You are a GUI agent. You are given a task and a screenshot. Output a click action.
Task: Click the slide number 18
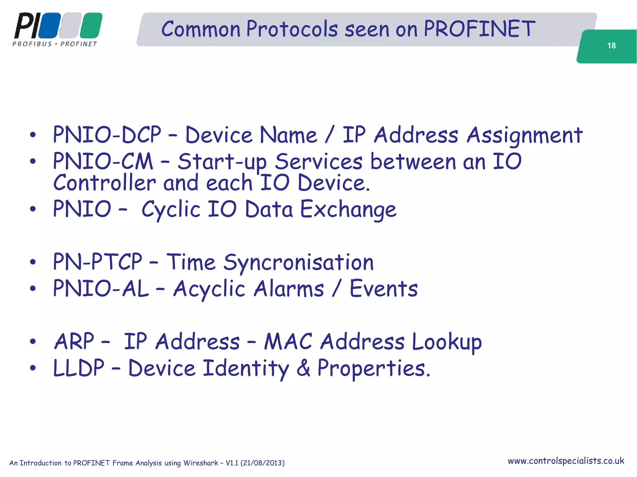coord(611,46)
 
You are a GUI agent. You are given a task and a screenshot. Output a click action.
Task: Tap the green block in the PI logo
coord(91,25)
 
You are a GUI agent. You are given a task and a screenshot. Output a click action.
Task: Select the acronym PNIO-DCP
coord(107,135)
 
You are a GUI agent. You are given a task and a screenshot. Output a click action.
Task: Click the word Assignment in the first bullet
coord(524,135)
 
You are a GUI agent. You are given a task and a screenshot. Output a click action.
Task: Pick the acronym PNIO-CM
coord(103,161)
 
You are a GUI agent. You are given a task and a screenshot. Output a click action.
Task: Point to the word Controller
coord(105,183)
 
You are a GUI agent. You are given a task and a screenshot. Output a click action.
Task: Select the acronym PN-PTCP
coord(98,262)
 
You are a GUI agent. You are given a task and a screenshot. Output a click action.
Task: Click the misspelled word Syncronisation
coord(299,263)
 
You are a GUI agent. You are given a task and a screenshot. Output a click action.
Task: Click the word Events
coord(384,288)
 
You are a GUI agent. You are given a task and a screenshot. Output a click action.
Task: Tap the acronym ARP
coord(74,342)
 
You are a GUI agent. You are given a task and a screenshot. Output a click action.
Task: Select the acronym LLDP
coord(79,368)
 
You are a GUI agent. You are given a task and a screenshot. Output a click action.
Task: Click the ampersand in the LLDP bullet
coord(303,368)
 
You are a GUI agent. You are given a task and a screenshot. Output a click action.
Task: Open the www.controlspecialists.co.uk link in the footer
coord(566,461)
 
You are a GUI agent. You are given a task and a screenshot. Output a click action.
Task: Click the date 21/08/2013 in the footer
coord(262,463)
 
